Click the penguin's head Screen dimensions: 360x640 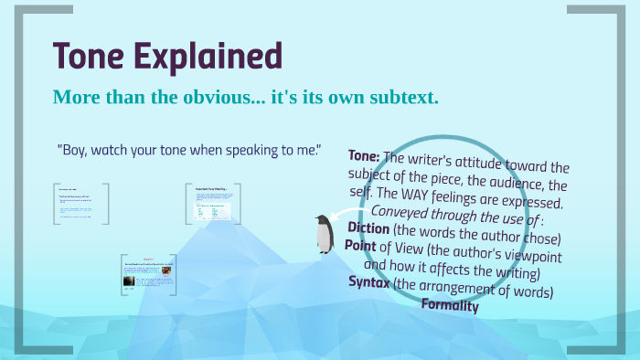tap(322, 220)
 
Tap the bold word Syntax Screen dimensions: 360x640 tap(369, 282)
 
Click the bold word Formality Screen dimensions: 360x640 tap(449, 305)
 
